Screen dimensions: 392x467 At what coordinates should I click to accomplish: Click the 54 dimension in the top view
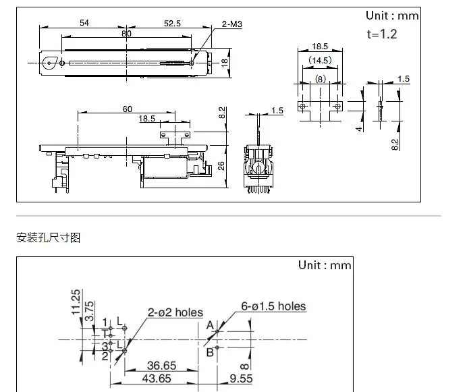tap(85, 23)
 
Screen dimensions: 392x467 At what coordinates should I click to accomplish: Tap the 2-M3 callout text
tap(232, 25)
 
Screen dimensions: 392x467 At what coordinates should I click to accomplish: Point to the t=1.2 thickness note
tap(382, 33)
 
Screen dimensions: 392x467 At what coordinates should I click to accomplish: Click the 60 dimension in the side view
tap(128, 109)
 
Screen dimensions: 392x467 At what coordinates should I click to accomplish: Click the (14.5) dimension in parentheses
tap(320, 60)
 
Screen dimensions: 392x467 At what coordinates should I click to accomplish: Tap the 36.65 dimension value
tap(161, 366)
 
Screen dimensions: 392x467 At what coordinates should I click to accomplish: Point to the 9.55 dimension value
tap(240, 379)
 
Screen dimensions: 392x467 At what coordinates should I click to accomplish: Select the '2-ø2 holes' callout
tap(175, 312)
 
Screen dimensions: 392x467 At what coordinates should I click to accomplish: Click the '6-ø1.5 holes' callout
tap(273, 306)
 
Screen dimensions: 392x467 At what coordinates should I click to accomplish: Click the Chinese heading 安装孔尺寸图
tap(48, 237)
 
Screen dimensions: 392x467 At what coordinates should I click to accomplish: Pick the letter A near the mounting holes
tap(210, 325)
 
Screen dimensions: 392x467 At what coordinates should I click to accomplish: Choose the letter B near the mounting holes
tap(210, 351)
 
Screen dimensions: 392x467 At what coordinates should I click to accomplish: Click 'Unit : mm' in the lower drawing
tap(325, 265)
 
